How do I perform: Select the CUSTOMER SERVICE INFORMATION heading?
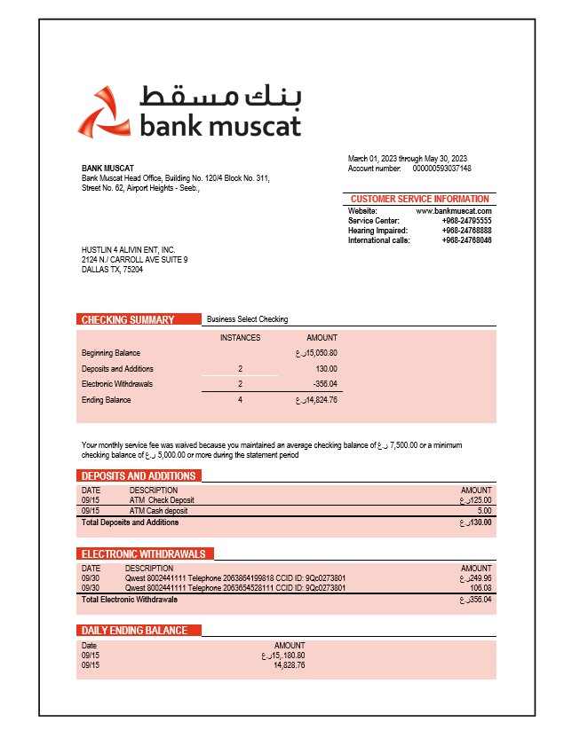[419, 199]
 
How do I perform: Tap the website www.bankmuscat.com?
[454, 211]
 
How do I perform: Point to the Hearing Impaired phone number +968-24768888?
[466, 231]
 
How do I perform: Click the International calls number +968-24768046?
[466, 240]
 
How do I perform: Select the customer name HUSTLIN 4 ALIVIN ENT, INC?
[128, 250]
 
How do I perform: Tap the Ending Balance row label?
[106, 400]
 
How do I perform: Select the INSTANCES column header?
[240, 338]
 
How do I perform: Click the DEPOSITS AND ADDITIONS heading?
[139, 476]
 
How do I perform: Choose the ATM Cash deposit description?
[158, 511]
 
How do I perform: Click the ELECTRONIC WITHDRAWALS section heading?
[143, 554]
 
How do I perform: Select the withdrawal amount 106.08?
[481, 588]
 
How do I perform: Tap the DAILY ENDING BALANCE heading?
[134, 631]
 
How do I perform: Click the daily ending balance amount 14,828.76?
[290, 664]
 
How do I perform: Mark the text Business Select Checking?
[247, 319]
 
